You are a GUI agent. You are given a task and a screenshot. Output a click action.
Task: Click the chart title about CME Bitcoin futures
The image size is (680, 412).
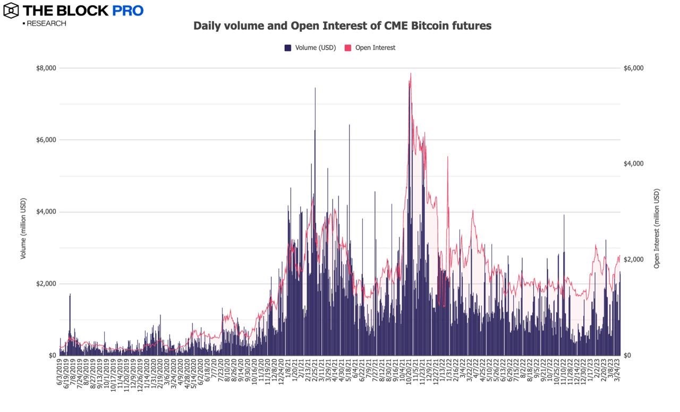[342, 25]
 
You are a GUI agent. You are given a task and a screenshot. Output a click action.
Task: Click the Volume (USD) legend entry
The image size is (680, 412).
[310, 48]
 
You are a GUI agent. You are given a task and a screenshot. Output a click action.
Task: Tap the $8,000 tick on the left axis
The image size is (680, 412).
[46, 68]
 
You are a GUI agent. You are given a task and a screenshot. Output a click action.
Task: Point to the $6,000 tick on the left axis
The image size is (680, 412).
[46, 140]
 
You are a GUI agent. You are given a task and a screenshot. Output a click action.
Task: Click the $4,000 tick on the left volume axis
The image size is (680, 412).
[46, 212]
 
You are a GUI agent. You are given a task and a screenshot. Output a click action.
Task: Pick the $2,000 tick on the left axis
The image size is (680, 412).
[46, 284]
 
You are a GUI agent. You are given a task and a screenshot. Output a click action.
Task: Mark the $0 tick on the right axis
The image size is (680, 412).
[627, 355]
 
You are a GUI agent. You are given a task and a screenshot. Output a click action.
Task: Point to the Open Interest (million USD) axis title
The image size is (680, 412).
[657, 228]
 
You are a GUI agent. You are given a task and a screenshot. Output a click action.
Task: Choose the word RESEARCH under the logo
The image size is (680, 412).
[46, 23]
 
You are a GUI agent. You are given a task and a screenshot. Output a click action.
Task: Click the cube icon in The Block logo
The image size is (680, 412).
[11, 10]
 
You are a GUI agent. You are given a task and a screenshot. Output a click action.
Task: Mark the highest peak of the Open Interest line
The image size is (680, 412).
[411, 73]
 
